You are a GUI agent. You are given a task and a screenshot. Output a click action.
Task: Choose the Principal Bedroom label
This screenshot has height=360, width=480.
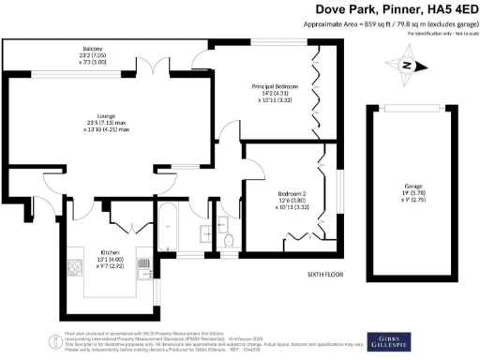click(274, 87)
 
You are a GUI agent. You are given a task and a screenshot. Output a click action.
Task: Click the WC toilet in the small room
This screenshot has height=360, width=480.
click(227, 241)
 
